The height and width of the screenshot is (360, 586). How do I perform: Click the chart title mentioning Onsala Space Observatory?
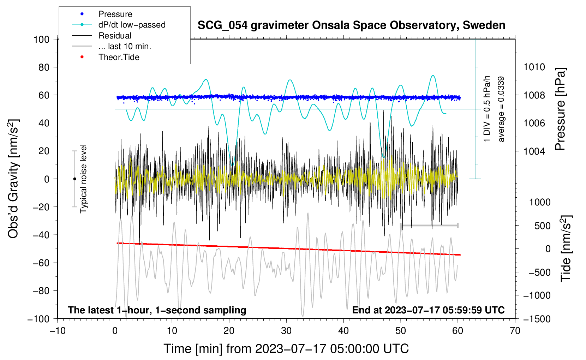coord(351,25)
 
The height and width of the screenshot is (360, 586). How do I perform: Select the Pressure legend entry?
coord(115,14)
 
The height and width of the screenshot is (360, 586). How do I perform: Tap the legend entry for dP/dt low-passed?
coord(132,25)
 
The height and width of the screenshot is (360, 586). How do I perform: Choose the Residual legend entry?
coord(115,36)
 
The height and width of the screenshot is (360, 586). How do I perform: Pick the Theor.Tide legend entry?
coord(119,57)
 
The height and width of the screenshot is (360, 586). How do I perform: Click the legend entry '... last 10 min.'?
coord(125,46)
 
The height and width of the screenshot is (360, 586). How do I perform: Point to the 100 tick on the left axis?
coord(41,39)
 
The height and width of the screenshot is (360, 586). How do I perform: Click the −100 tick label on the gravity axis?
coord(38,319)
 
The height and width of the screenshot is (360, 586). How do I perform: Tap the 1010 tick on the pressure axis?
coord(534,67)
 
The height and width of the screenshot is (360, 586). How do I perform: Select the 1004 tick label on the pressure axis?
coord(534,151)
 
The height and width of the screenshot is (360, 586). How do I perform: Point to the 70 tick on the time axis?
coord(515,331)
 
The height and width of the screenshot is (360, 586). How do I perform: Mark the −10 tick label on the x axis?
coord(58,331)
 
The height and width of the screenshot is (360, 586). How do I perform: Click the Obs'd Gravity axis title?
coord(13,179)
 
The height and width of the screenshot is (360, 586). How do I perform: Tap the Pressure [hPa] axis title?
coord(560,109)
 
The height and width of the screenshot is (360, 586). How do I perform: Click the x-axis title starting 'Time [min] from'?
coord(286,349)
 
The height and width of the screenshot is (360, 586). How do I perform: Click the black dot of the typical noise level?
coord(74,179)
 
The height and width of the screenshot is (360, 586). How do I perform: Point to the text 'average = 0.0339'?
coord(501,109)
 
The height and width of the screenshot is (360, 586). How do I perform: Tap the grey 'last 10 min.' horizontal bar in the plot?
coord(429,225)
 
